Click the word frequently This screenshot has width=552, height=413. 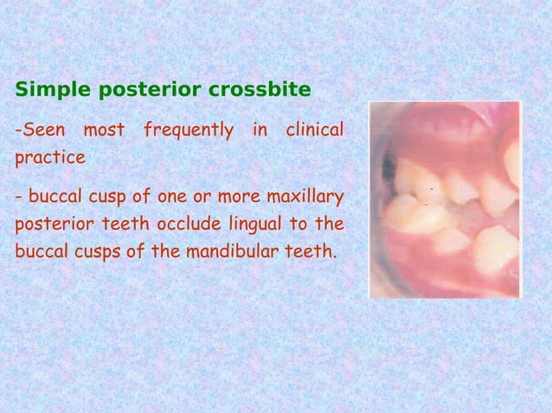[188, 131]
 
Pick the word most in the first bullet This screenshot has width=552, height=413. [105, 130]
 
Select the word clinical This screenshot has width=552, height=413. [313, 130]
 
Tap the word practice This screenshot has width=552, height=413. [50, 159]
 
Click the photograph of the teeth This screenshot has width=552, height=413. [446, 200]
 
